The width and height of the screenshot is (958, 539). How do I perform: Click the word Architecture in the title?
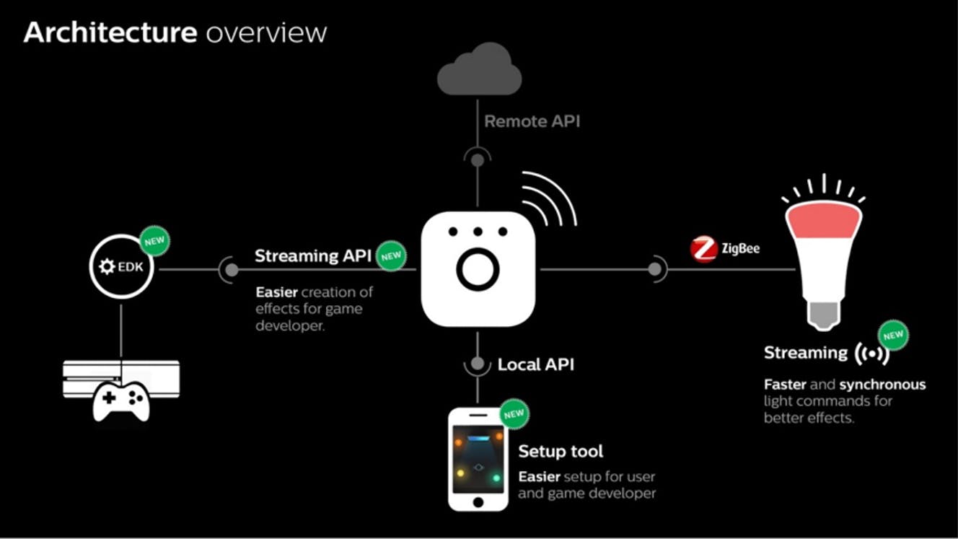click(110, 32)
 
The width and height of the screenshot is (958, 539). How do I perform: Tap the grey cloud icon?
click(480, 69)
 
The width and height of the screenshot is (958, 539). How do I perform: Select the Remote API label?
click(532, 121)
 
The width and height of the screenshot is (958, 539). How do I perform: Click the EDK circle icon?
click(121, 266)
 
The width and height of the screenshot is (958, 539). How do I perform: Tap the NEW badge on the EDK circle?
click(154, 241)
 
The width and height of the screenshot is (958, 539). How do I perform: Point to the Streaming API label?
click(313, 255)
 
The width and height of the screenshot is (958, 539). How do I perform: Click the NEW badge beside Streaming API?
click(391, 256)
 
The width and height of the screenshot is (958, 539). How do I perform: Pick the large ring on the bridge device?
click(478, 270)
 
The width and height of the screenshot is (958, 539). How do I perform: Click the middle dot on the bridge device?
click(478, 232)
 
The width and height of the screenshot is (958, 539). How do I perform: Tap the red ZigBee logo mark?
click(703, 249)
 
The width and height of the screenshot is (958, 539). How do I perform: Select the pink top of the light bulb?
click(824, 219)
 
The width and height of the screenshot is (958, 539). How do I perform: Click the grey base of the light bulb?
click(824, 315)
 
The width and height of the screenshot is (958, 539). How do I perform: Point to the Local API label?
click(536, 364)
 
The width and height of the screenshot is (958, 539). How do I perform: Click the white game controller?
click(121, 401)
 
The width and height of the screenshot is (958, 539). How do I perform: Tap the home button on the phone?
click(478, 502)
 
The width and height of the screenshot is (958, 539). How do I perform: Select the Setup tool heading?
click(561, 451)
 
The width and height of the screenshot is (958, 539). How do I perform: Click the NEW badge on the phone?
click(514, 414)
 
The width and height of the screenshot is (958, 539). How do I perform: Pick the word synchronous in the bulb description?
click(882, 385)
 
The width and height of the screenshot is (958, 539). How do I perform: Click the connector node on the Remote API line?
click(478, 160)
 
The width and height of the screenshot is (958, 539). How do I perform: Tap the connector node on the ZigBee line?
click(654, 269)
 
